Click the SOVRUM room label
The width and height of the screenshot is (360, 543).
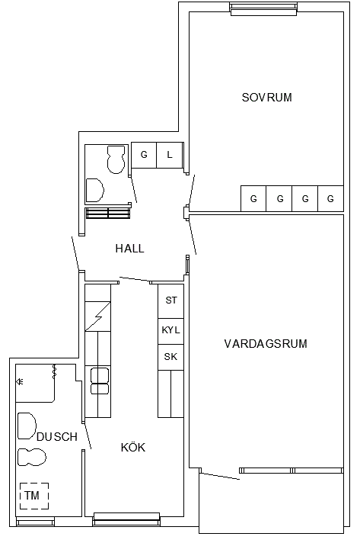pos(266,98)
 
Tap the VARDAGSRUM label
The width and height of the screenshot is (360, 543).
pos(266,344)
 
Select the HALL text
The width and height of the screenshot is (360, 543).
pos(129,249)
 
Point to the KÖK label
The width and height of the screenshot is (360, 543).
pos(133,447)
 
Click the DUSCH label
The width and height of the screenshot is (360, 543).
pos(57,437)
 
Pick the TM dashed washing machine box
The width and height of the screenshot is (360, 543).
pos(33,496)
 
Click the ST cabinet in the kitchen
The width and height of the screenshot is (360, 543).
pos(170,301)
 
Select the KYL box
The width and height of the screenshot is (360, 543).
pos(170,331)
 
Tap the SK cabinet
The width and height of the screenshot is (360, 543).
pos(170,357)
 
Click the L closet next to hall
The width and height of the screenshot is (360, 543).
pos(170,155)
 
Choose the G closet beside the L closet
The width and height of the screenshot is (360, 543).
pos(144,155)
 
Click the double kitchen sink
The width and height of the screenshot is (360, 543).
pos(100,381)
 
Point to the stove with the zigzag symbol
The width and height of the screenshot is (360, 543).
pos(98,316)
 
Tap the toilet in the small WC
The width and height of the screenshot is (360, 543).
pos(116,159)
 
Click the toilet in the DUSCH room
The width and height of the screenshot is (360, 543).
pos(32,457)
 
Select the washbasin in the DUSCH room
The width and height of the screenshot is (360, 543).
pos(27,426)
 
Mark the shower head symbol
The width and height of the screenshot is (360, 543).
pos(20,381)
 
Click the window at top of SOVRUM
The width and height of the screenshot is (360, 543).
pos(263,9)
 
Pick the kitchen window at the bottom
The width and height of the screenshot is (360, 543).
pos(126,519)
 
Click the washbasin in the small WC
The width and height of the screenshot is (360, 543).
pos(94,190)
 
